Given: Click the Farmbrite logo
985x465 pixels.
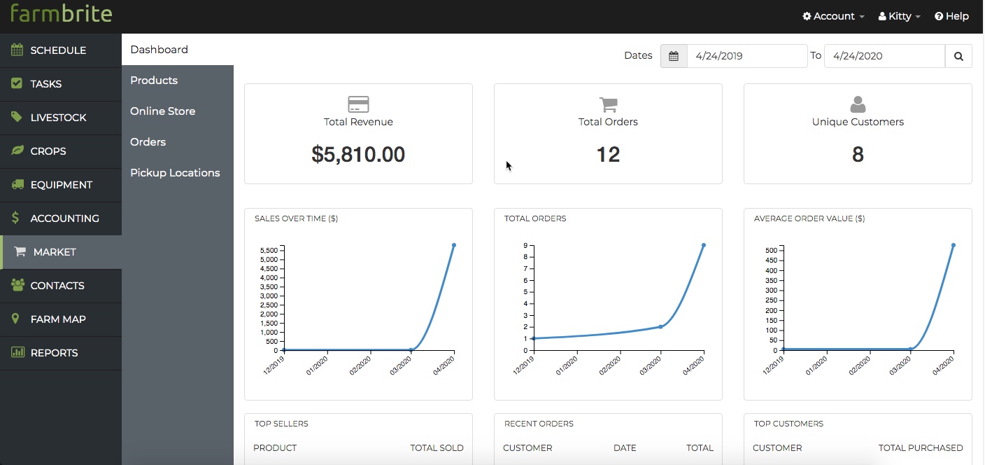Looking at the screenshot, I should [61, 13].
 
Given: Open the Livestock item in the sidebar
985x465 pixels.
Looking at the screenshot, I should [58, 118].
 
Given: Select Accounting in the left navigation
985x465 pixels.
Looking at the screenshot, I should [64, 218].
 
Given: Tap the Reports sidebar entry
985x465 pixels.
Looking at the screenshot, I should [54, 353].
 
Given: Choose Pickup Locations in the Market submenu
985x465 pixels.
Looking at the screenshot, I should [175, 173].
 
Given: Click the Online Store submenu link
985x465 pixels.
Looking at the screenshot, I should [162, 111].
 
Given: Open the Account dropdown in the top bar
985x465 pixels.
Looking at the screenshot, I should [833, 16].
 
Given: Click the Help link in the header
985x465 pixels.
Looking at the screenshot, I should [951, 16].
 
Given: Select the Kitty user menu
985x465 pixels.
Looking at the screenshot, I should [899, 16].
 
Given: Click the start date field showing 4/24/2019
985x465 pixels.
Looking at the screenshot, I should [746, 56].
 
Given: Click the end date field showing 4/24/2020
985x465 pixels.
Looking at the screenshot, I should [884, 56].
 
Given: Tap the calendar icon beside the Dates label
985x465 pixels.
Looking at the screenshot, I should [674, 56].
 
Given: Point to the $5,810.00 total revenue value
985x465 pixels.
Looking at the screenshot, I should [358, 155].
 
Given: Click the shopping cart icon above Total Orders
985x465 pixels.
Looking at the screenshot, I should [608, 105].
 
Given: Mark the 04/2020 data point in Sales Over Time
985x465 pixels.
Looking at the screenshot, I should [454, 245].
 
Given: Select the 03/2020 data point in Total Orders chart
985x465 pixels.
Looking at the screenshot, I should [660, 326].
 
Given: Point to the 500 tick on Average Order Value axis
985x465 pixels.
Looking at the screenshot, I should [772, 250].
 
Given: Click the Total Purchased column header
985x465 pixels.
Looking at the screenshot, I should [921, 448].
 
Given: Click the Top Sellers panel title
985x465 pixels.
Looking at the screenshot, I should [281, 424].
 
